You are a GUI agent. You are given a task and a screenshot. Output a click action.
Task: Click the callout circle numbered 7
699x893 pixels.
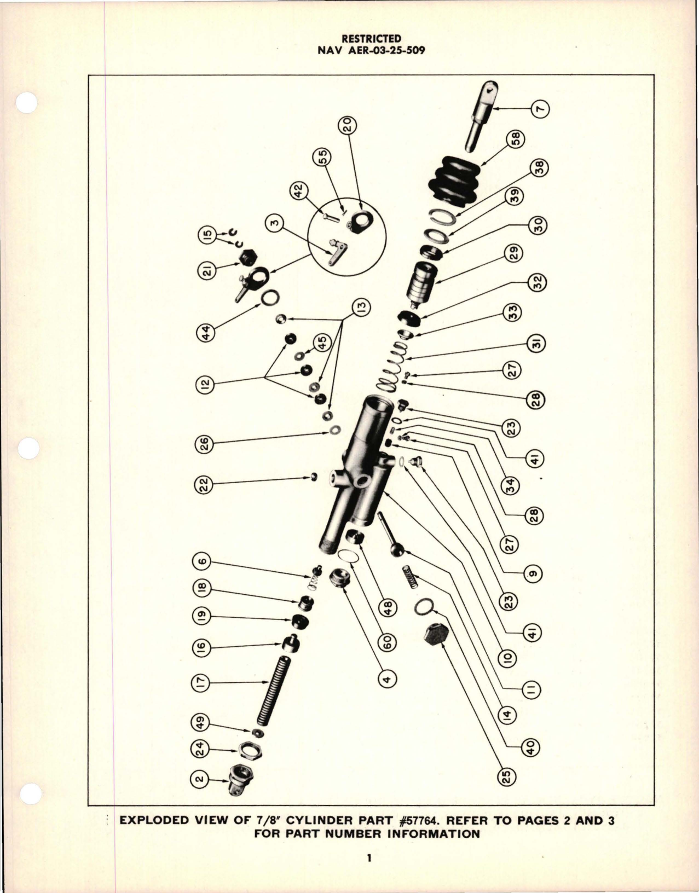pyautogui.click(x=541, y=108)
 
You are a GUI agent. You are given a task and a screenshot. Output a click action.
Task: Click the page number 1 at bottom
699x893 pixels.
pyautogui.click(x=370, y=858)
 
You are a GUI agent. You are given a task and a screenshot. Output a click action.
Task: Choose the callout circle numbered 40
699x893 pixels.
pyautogui.click(x=532, y=746)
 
